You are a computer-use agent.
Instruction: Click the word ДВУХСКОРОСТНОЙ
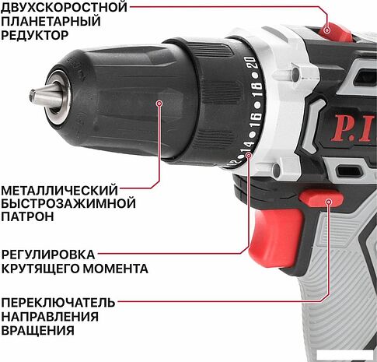pyautogui.click(x=64, y=7)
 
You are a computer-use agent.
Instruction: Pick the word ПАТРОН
pyautogui.click(x=27, y=217)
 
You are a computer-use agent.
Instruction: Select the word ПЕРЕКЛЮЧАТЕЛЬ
pyautogui.click(x=58, y=302)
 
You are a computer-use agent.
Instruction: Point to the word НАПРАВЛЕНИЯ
pyautogui.click(x=50, y=316)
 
